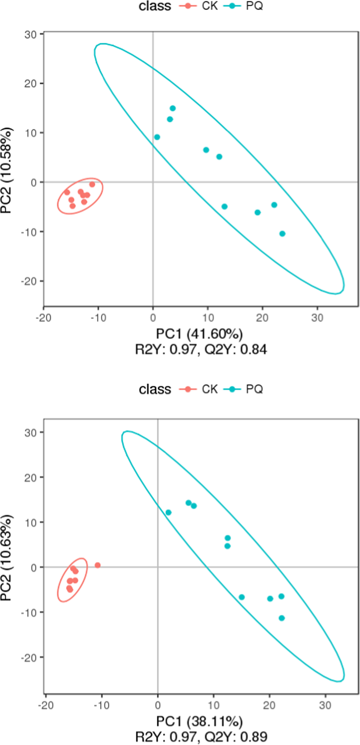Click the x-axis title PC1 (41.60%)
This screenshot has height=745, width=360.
click(199, 334)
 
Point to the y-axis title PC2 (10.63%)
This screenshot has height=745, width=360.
click(7, 558)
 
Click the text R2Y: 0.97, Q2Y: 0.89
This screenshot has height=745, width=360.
click(201, 737)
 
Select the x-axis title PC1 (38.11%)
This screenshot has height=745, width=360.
click(199, 721)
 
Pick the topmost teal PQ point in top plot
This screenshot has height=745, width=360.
click(173, 108)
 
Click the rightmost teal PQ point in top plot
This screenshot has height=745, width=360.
click(282, 234)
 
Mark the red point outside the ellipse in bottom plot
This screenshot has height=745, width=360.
click(98, 565)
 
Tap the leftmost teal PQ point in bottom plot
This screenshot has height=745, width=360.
click(168, 512)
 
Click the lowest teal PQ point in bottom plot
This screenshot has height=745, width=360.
click(281, 618)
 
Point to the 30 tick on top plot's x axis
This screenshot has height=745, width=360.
click(317, 318)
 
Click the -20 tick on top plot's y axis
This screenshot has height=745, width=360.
click(30, 281)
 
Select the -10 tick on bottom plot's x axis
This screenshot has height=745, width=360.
click(101, 706)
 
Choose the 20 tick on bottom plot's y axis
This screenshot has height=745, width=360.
click(30, 477)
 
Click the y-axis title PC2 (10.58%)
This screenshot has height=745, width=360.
click(7, 170)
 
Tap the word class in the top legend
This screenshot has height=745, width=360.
click(155, 6)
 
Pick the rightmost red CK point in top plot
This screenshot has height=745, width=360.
click(92, 184)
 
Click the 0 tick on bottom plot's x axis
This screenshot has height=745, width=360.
click(158, 706)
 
